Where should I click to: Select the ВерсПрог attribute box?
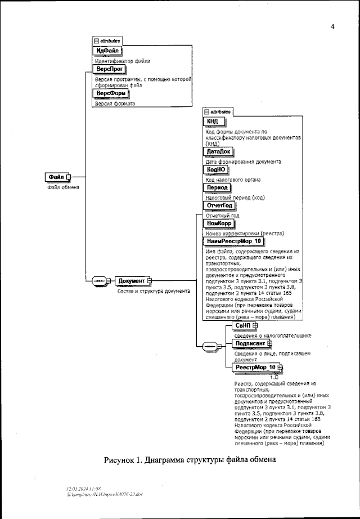(x=109, y=69)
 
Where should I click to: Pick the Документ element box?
(x=132, y=280)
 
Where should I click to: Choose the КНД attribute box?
(x=215, y=122)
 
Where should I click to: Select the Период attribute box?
(x=217, y=187)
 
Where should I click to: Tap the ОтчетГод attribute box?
(x=219, y=205)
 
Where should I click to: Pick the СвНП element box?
(x=243, y=325)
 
